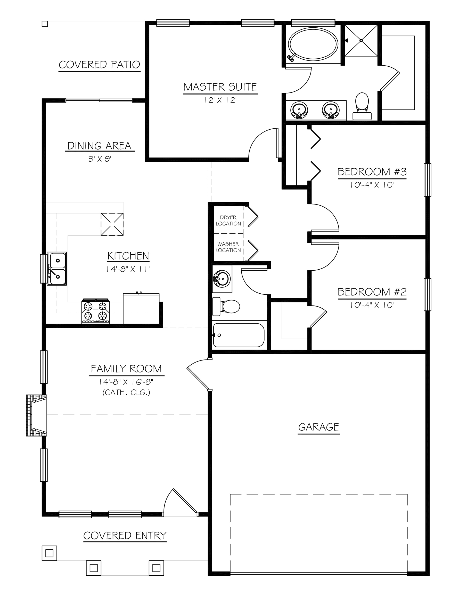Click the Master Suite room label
point(220,87)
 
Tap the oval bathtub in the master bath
point(313,44)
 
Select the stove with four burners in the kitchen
point(95,311)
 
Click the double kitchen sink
point(57,269)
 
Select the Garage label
point(319,427)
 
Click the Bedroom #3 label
point(372,172)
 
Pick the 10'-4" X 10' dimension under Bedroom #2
point(372,305)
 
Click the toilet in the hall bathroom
point(226,306)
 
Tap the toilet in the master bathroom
point(362,106)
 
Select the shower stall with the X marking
point(361,40)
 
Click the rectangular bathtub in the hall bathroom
point(239,335)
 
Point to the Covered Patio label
point(99,65)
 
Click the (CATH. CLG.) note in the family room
point(126,393)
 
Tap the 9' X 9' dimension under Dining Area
point(100,159)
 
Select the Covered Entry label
point(125,536)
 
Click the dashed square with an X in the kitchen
point(112,224)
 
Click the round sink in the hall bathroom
point(222,279)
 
